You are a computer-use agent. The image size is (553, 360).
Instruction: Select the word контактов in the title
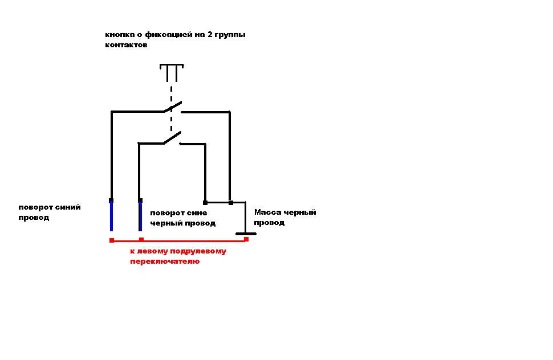point(126,45)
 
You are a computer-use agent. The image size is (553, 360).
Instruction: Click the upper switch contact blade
point(173,107)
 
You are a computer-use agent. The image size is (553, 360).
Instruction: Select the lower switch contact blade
point(172,137)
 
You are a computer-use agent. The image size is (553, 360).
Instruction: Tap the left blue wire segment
point(111,216)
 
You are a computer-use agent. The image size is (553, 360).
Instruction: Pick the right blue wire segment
point(140,216)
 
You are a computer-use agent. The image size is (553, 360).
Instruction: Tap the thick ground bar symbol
point(246,233)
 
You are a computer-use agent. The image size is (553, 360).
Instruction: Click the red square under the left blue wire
point(111,240)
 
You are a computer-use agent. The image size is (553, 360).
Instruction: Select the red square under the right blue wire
point(141,240)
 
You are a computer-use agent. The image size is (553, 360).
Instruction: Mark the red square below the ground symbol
point(246,239)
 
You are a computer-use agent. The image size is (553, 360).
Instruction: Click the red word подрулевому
point(194,251)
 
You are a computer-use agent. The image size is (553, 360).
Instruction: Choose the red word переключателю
point(165,261)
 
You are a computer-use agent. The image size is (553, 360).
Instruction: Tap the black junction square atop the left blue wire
point(111,200)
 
